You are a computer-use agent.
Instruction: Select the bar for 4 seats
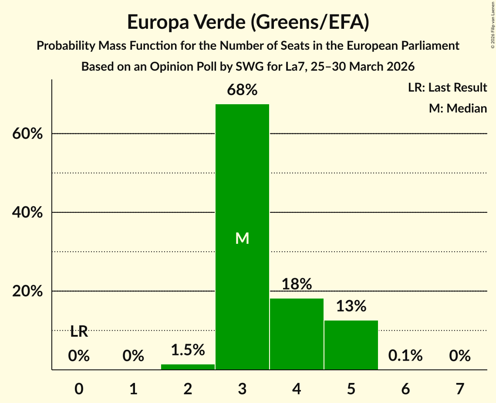coord(297,334)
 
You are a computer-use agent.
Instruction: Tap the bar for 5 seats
coord(351,345)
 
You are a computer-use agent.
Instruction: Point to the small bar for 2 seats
coord(188,367)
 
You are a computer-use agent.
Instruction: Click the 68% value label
coord(242,90)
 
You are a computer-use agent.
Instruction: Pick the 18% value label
coord(297,284)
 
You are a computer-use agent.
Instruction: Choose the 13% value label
coord(351,306)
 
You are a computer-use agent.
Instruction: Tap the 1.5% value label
coord(188,350)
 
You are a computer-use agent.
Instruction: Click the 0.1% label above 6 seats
coord(405,356)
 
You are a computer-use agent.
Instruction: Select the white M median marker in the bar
coord(242,238)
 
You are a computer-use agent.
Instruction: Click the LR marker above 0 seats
coord(79,332)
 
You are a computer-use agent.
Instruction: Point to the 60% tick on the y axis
coord(27,134)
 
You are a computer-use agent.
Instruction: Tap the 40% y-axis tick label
coord(27,213)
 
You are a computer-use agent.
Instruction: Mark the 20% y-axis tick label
coord(27,291)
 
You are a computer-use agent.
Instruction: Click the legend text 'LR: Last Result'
coord(447,88)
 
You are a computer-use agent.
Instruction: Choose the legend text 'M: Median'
coord(458,108)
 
